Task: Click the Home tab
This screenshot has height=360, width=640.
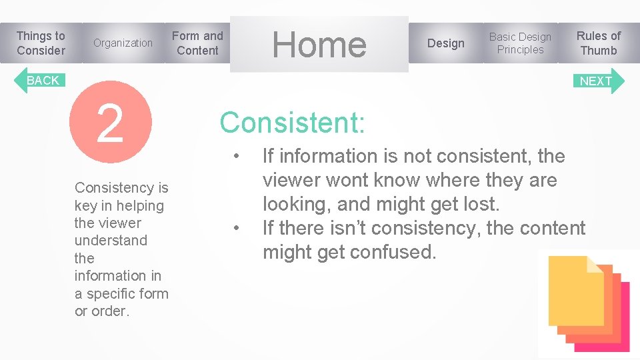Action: pyautogui.click(x=319, y=44)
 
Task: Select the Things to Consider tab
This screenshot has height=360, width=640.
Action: pyautogui.click(x=41, y=43)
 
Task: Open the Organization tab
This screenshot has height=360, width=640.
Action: pyautogui.click(x=123, y=43)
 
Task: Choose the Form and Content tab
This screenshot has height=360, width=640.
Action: pyautogui.click(x=197, y=43)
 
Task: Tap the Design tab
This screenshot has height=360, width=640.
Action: pyautogui.click(x=445, y=43)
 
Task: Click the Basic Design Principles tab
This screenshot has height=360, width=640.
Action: pyautogui.click(x=520, y=43)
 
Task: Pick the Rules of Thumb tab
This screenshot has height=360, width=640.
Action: pyautogui.click(x=598, y=43)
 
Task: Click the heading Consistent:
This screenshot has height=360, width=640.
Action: pyautogui.click(x=292, y=123)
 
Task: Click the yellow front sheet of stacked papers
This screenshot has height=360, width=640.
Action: pyautogui.click(x=575, y=291)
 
